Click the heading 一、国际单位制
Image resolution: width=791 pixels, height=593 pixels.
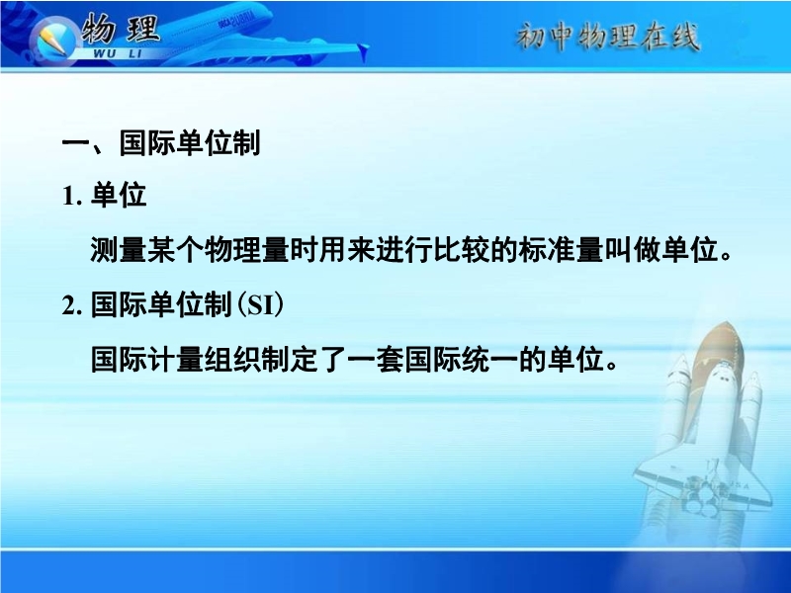coord(161,143)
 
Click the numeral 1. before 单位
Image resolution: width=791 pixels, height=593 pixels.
coord(72,196)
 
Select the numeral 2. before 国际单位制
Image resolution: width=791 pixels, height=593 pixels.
coord(72,305)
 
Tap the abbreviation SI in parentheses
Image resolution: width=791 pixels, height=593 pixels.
coord(260,305)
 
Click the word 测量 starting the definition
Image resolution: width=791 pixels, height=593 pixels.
coord(119,250)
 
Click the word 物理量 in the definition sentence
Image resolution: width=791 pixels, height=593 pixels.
coord(246,250)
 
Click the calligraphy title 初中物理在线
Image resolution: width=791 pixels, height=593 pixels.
coord(607,37)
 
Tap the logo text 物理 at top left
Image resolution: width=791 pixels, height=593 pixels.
coord(121,29)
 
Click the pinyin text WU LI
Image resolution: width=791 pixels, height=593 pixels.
coord(118,53)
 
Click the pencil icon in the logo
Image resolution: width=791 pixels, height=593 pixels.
coord(52,41)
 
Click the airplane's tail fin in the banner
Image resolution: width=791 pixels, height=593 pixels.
coord(362,52)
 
